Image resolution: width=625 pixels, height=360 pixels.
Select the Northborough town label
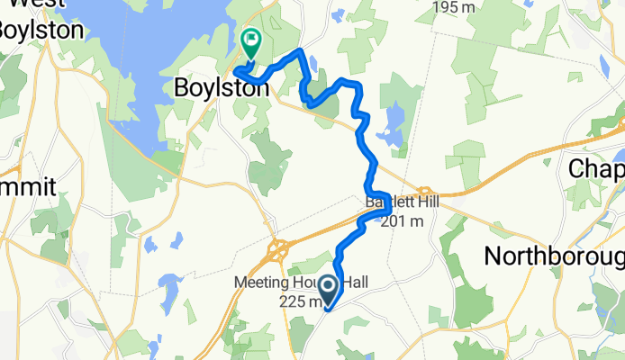[554, 255]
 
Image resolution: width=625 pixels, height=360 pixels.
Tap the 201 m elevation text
[402, 221]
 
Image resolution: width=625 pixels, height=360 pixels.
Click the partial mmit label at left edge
[27, 187]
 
